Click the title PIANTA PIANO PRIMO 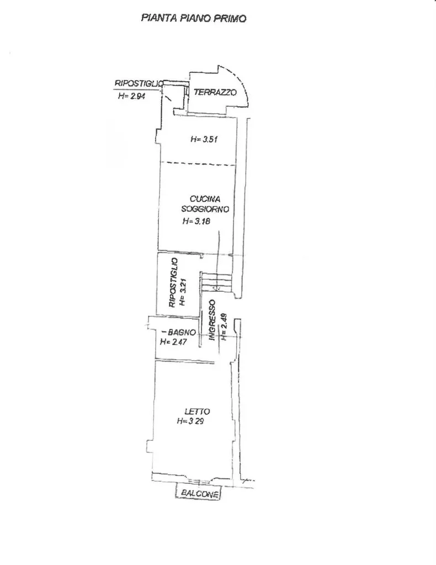point(194,18)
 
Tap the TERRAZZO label point(215,92)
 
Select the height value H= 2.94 point(131,96)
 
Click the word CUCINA point(205,199)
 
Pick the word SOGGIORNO point(205,209)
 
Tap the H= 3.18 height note point(196,221)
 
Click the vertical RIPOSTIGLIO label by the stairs point(173,283)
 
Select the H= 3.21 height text point(183,292)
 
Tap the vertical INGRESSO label point(212,320)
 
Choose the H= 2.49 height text point(224,327)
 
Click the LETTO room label point(197,412)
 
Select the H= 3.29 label point(190,421)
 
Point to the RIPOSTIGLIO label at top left point(139,84)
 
